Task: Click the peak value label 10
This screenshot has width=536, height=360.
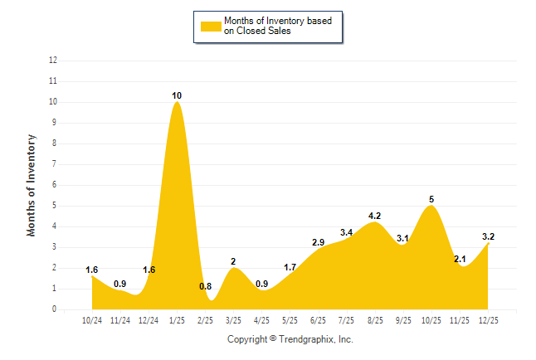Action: [x=177, y=96]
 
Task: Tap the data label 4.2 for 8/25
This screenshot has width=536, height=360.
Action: [x=374, y=216]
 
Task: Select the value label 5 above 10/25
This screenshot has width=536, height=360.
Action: [x=431, y=199]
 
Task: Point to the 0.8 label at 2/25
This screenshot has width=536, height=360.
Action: [x=205, y=287]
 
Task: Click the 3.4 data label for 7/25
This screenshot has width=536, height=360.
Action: [x=346, y=232]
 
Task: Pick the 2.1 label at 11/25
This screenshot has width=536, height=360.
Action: [x=460, y=260]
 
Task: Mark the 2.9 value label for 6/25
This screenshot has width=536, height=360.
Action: [x=318, y=242]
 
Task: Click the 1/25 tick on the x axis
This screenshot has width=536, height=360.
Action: [x=177, y=319]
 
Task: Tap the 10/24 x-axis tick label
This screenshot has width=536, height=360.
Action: [x=92, y=319]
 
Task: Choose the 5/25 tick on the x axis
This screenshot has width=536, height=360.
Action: [x=290, y=319]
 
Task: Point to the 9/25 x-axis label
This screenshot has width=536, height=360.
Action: [x=402, y=319]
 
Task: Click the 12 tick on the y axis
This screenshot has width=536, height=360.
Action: [x=53, y=61]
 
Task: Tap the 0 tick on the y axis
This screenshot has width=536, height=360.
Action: [x=55, y=309]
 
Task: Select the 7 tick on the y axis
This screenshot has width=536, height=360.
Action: [x=55, y=164]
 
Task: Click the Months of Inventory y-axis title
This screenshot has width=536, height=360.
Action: [x=32, y=185]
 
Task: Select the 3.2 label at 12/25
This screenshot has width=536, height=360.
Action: [x=488, y=237]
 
